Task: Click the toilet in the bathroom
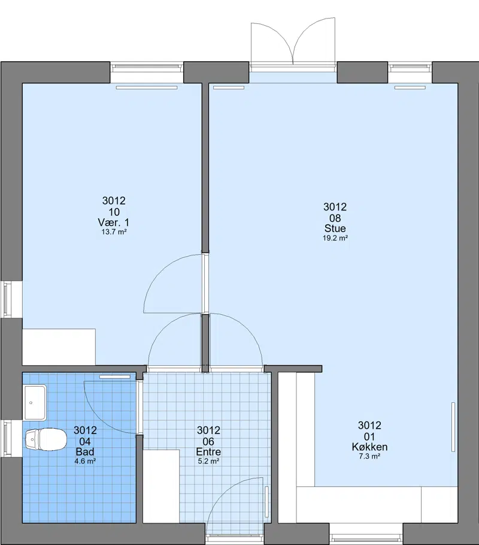(x=46, y=439)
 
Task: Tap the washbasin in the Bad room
(x=35, y=402)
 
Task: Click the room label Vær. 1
(x=114, y=222)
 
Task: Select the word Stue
(x=335, y=228)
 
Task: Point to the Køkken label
(x=369, y=447)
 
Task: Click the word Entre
(x=208, y=451)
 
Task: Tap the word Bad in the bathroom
(x=85, y=451)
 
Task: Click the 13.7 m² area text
(x=114, y=232)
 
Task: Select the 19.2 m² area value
(x=335, y=238)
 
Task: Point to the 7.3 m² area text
(x=369, y=456)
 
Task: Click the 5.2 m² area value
(x=208, y=461)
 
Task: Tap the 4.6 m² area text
(x=85, y=461)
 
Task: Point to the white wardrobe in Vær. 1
(x=59, y=347)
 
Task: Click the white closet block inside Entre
(x=162, y=486)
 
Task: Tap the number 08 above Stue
(x=335, y=218)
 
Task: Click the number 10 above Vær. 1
(x=114, y=212)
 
